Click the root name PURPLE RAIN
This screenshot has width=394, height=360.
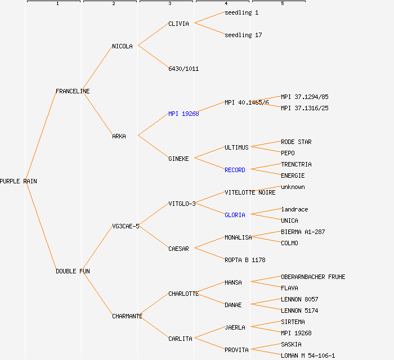click(18, 181)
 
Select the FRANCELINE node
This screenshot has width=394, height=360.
click(73, 91)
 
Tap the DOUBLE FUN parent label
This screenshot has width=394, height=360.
click(73, 271)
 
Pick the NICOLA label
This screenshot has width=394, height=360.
click(122, 46)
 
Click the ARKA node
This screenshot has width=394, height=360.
click(119, 136)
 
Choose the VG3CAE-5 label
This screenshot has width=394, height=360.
click(126, 226)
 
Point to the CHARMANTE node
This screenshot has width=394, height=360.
click(127, 316)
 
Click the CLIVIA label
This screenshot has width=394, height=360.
click(178, 24)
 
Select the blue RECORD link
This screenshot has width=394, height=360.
click(235, 170)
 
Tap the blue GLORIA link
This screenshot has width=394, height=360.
click(235, 215)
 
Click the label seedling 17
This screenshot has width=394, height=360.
click(243, 35)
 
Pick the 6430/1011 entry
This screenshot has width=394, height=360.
click(183, 69)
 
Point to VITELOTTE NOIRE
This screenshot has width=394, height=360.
click(250, 192)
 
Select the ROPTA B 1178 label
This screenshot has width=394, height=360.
click(245, 260)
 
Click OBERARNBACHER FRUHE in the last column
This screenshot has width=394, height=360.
click(313, 277)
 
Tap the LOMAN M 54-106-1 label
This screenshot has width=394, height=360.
click(308, 355)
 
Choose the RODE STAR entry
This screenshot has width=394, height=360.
click(296, 142)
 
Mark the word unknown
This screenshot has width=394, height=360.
click(293, 187)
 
